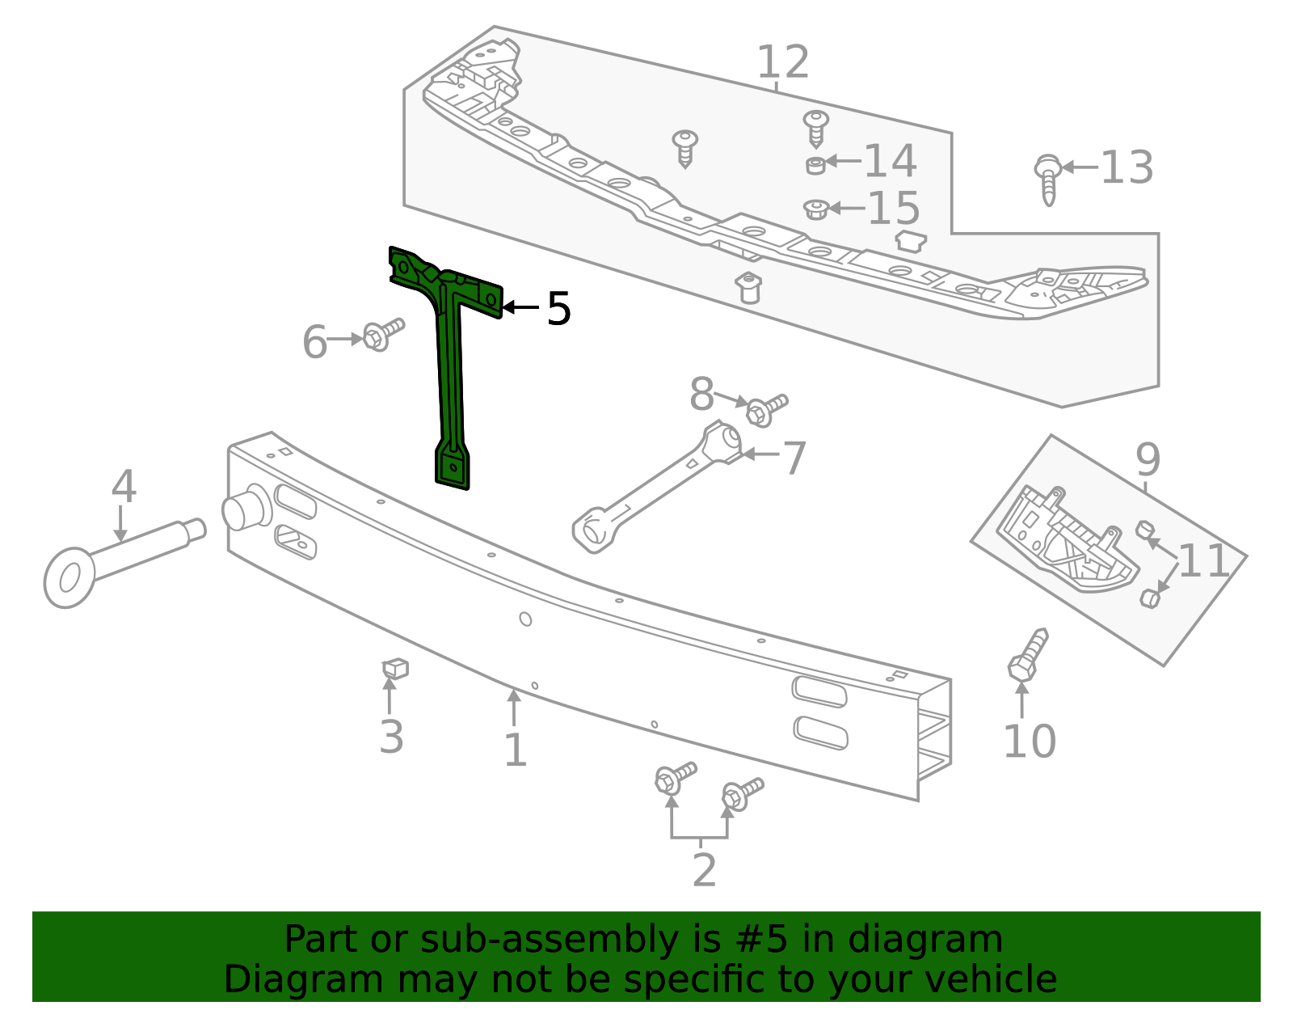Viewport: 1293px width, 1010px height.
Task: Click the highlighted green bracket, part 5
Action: (x=450, y=364)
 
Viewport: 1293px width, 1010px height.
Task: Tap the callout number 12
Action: (x=782, y=63)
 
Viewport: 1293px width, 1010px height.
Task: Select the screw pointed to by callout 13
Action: (x=1048, y=179)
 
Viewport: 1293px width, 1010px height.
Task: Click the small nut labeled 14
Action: (x=816, y=165)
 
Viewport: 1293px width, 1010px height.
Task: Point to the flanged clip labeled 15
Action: (x=816, y=209)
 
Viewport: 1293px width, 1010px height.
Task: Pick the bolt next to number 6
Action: (x=381, y=334)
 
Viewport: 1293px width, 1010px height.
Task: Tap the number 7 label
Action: (x=794, y=459)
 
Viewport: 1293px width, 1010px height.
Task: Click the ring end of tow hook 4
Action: (x=69, y=577)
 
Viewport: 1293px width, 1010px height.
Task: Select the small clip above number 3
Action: (x=395, y=669)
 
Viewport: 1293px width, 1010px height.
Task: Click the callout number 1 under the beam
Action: (x=515, y=750)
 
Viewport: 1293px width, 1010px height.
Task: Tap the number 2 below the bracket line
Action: (x=704, y=870)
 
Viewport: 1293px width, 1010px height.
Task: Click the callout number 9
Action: (x=1148, y=460)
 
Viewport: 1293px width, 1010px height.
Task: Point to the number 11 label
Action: (x=1203, y=560)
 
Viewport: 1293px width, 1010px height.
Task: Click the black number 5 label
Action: (x=558, y=309)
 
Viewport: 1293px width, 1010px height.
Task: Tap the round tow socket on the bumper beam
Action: (x=242, y=509)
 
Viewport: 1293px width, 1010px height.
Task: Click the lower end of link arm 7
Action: (x=593, y=532)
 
